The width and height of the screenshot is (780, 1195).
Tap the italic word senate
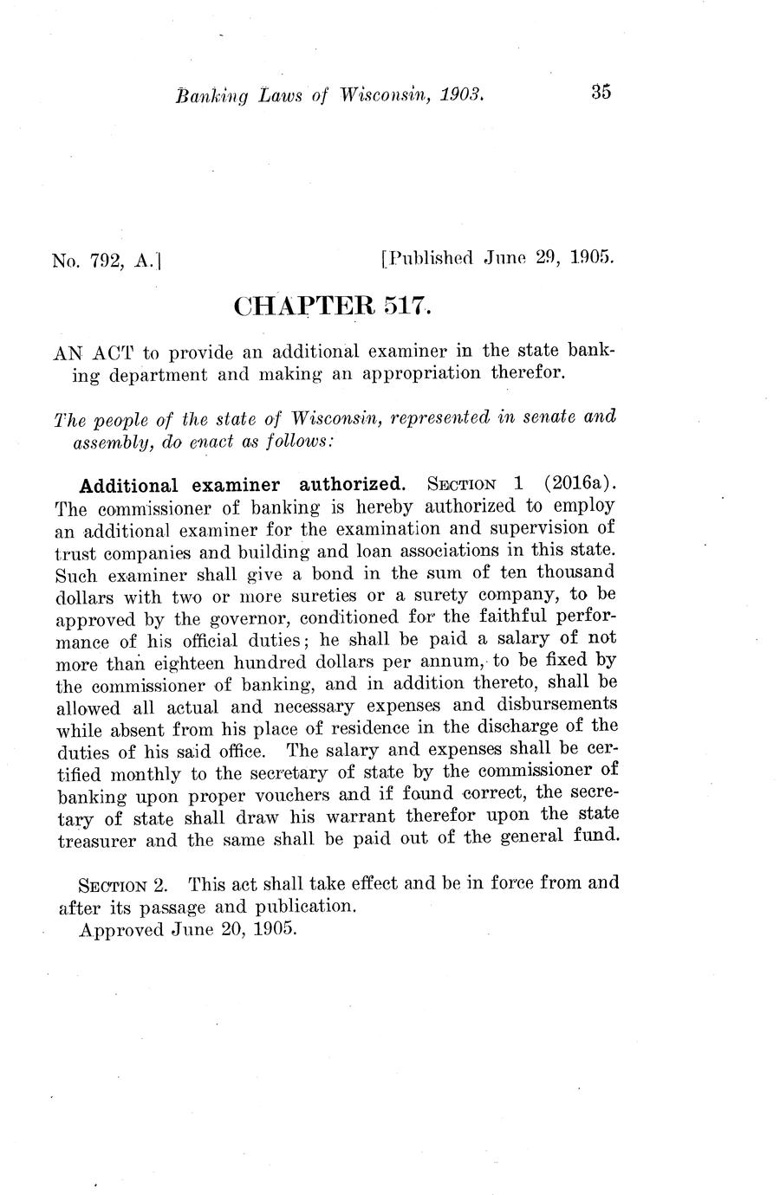coord(549,417)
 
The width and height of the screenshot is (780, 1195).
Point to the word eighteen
coord(167,664)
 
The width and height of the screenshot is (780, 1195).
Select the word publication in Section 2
coord(304,907)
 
